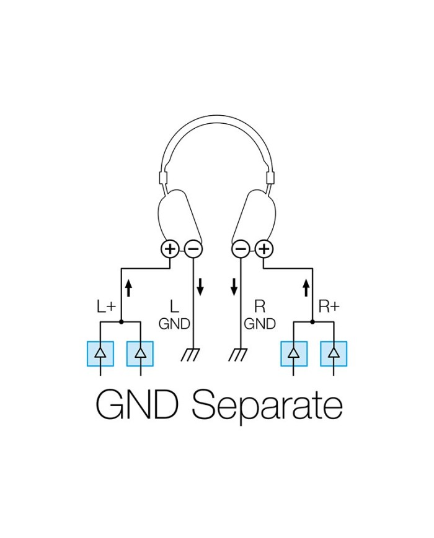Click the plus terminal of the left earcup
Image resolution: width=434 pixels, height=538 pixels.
tap(170, 249)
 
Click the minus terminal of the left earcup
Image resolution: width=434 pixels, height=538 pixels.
tap(193, 249)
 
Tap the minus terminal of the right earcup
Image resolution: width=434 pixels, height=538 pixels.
tap(241, 249)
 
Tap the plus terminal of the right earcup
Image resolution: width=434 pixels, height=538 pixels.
tap(264, 249)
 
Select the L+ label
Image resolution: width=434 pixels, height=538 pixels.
tap(106, 306)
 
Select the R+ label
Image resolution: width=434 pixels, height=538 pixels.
tap(329, 306)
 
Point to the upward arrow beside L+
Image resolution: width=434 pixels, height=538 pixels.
tap(130, 287)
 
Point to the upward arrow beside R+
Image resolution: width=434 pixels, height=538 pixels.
tap(305, 287)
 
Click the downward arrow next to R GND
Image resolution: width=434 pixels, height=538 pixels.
tap(234, 287)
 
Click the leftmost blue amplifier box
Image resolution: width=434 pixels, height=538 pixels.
tap(100, 354)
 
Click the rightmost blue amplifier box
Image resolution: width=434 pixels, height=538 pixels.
tap(334, 354)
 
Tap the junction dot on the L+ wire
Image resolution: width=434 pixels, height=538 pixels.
tap(121, 323)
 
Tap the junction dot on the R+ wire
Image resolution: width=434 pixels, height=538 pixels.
tap(313, 323)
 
